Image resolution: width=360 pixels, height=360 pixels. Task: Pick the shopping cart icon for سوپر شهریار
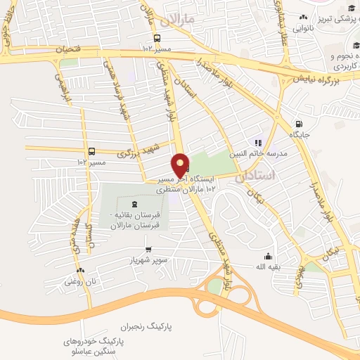click(x=148, y=249)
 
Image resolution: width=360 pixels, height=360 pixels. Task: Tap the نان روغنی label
click(x=79, y=281)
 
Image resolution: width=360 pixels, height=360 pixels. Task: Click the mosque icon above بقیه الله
click(x=268, y=256)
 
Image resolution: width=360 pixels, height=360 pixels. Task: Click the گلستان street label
click(x=89, y=239)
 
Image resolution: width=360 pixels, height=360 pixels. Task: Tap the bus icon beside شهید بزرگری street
click(x=92, y=151)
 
